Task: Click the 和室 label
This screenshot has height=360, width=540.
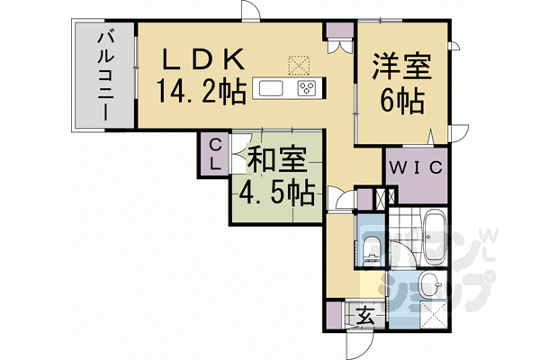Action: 276,161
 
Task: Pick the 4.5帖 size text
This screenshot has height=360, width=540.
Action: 276,192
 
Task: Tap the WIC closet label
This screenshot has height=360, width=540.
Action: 415,167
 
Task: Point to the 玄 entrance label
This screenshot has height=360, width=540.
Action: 364,317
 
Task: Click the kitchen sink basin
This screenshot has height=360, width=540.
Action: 271,88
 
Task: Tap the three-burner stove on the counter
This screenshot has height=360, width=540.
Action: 307,88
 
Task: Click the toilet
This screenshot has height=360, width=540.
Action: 371,244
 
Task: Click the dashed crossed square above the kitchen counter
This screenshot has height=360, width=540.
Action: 298,66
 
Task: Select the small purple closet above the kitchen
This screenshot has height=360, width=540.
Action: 338,37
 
